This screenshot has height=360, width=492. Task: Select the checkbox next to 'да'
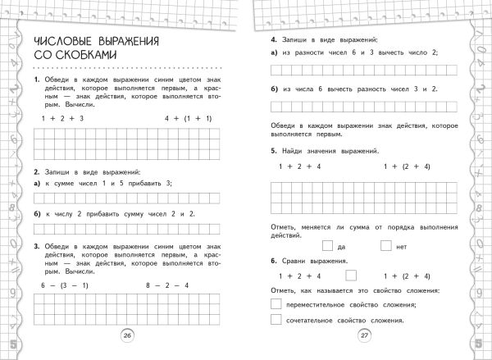(328, 244)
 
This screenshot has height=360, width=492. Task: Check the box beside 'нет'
(386, 244)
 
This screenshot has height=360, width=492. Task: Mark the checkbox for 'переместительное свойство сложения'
(276, 305)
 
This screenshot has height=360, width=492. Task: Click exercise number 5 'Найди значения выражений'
(272, 151)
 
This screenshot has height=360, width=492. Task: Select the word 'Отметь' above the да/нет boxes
(283, 226)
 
